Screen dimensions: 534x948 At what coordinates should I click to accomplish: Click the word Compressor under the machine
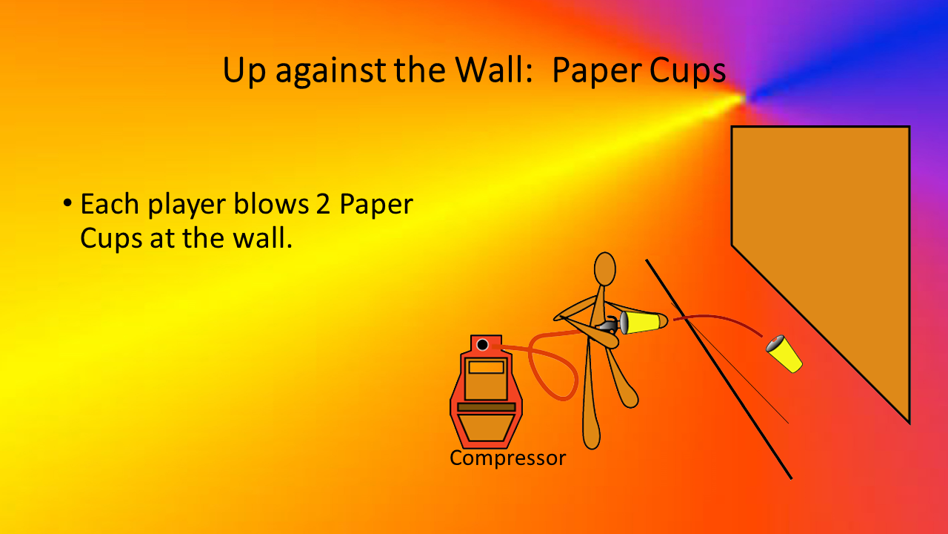point(507,458)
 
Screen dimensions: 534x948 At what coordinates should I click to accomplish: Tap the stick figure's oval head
point(605,269)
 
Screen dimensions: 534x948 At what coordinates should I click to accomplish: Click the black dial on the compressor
point(482,345)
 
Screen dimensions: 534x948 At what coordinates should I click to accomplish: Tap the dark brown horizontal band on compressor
point(487,407)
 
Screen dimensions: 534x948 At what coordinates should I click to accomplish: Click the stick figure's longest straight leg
point(590,400)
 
